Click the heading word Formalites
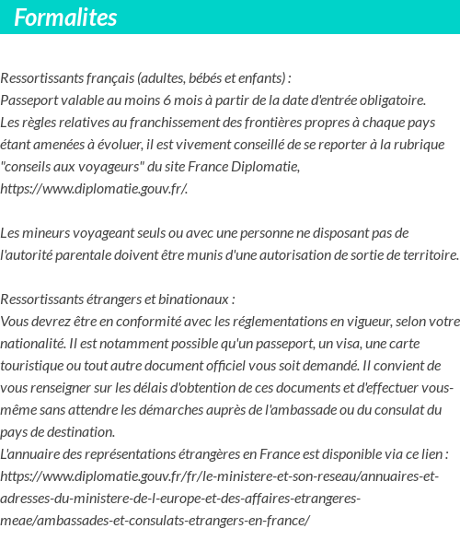coord(65,18)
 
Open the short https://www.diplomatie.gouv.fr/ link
coord(95,189)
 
